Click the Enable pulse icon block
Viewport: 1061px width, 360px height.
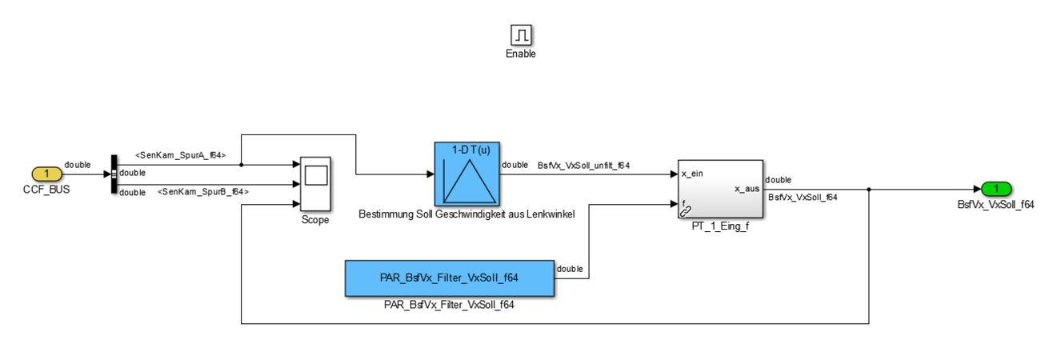[522, 34]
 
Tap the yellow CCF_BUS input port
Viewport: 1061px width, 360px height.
[47, 174]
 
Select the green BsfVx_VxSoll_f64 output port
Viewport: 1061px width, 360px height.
[995, 189]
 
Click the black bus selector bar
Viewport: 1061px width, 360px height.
[114, 174]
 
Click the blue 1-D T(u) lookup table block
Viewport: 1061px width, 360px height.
[467, 174]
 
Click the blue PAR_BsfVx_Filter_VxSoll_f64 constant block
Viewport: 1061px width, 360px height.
[449, 278]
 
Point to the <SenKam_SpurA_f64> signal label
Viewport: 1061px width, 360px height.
[180, 154]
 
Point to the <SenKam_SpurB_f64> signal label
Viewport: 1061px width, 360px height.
[203, 192]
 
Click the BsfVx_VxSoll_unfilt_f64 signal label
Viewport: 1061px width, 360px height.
[583, 166]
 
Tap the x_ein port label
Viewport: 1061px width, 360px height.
[693, 174]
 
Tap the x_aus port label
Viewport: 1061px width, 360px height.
[746, 189]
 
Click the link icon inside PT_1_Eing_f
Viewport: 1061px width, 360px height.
[686, 212]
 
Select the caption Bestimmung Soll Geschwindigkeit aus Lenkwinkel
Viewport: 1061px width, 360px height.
[466, 214]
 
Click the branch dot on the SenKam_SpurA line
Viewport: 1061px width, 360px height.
[242, 166]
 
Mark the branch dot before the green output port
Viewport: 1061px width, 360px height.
[869, 190]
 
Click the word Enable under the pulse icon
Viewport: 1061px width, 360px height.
[521, 54]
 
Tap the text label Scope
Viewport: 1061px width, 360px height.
[314, 220]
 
